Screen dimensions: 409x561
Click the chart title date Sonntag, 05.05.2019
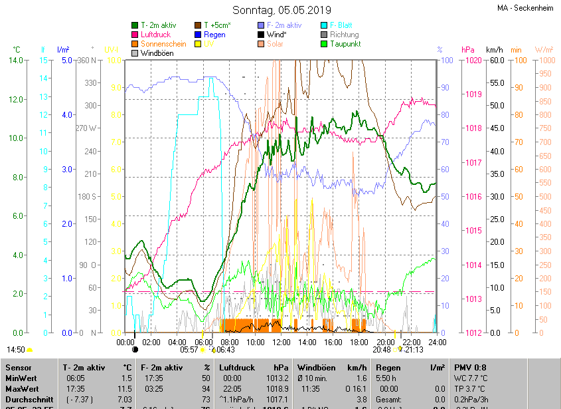point(281,10)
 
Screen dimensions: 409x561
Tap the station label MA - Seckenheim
point(524,8)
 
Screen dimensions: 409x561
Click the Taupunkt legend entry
point(345,44)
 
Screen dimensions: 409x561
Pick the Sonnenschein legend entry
point(163,44)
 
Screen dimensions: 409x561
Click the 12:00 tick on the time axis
point(281,342)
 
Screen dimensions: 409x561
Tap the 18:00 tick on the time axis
point(359,342)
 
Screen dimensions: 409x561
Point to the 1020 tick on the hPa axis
point(473,61)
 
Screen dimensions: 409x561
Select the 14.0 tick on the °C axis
point(17,61)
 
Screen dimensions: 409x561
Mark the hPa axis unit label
point(468,50)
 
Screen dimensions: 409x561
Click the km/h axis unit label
point(495,50)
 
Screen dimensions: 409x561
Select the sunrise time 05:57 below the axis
point(189,350)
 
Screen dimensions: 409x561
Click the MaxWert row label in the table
point(21,388)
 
